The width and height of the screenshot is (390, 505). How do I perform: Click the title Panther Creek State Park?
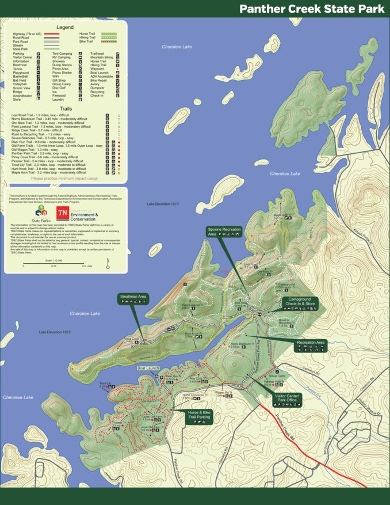tap(312, 9)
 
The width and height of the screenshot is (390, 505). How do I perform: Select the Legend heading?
tap(64, 28)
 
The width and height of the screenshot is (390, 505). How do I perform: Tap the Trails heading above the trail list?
tap(64, 108)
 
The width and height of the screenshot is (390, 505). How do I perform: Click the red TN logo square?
tap(62, 214)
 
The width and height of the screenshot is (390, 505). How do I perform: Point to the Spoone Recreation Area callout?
tap(224, 231)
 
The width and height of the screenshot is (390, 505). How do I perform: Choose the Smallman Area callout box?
tap(133, 298)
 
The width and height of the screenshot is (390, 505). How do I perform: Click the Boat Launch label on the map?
tap(148, 368)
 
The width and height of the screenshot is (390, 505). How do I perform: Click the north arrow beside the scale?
tap(108, 264)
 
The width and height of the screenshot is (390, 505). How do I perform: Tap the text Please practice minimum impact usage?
tap(64, 179)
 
